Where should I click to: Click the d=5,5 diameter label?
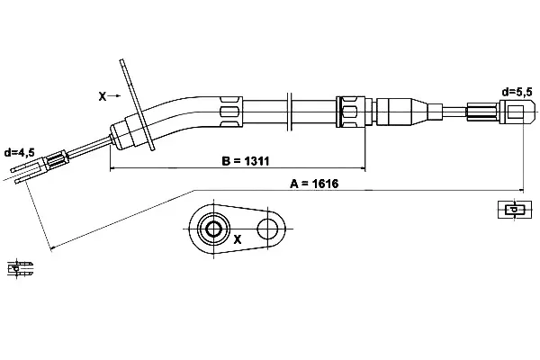[517, 91]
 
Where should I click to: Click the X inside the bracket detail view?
[238, 240]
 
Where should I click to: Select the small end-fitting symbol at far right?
[509, 211]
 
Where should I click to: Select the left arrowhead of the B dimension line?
[112, 168]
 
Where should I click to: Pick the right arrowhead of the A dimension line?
[520, 190]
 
